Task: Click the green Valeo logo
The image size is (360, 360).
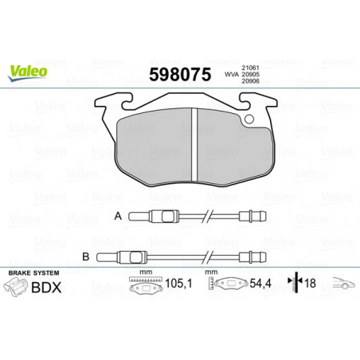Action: pyautogui.click(x=28, y=72)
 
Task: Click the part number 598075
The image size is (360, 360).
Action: pyautogui.click(x=180, y=74)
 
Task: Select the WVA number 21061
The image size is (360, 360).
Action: pyautogui.click(x=250, y=68)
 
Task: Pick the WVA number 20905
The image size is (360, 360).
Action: pyautogui.click(x=250, y=75)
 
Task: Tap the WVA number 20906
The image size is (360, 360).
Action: pyautogui.click(x=250, y=81)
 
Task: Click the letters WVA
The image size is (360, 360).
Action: pyautogui.click(x=232, y=75)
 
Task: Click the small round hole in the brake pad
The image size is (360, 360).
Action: pyautogui.click(x=249, y=119)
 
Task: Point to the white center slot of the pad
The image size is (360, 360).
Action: pyautogui.click(x=194, y=144)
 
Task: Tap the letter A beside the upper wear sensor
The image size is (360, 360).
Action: pyautogui.click(x=118, y=216)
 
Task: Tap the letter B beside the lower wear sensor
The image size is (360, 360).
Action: pyautogui.click(x=86, y=257)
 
